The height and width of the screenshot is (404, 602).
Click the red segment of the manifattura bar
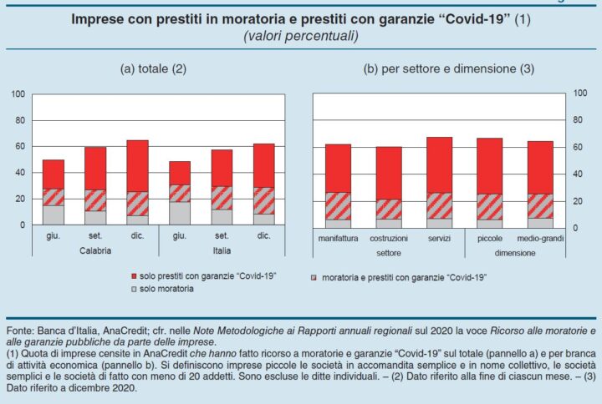pos(338,168)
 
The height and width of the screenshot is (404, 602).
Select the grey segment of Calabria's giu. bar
pos(54,215)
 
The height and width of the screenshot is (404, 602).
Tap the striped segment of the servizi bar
pos(439,205)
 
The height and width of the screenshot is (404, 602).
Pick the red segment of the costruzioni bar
pos(388,173)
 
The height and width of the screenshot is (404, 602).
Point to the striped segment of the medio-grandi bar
pos(540,205)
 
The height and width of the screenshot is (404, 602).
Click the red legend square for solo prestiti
pos(135,275)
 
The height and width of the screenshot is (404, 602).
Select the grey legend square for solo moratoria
pos(135,289)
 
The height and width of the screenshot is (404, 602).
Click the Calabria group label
pos(96,250)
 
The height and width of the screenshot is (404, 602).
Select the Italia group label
pos(216,250)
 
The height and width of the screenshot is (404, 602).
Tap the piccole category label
pos(489,239)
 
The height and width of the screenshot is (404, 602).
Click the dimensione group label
pos(514,251)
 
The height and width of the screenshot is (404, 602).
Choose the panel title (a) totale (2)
pos(153,69)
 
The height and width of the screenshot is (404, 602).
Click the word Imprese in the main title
pos(97,18)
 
